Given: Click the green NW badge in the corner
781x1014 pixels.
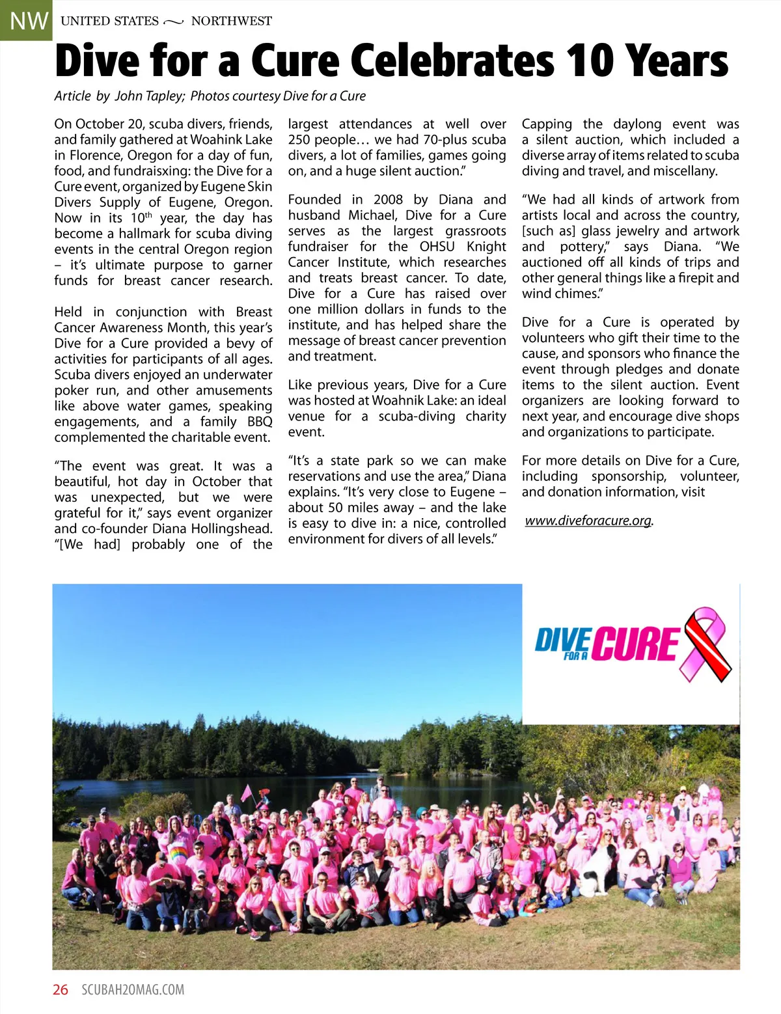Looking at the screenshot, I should click(x=26, y=20).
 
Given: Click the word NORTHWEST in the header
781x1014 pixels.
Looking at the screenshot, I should click(x=231, y=21).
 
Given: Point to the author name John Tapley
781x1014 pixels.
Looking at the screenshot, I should click(x=150, y=96).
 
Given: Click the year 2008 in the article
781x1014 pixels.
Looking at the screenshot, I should click(x=388, y=199).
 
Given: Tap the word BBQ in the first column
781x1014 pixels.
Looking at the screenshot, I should click(x=260, y=422).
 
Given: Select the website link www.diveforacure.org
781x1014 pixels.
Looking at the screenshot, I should click(x=588, y=521).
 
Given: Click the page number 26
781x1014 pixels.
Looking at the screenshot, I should click(x=61, y=990).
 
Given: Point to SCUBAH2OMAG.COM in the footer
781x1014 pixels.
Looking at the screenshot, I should click(x=133, y=990).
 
